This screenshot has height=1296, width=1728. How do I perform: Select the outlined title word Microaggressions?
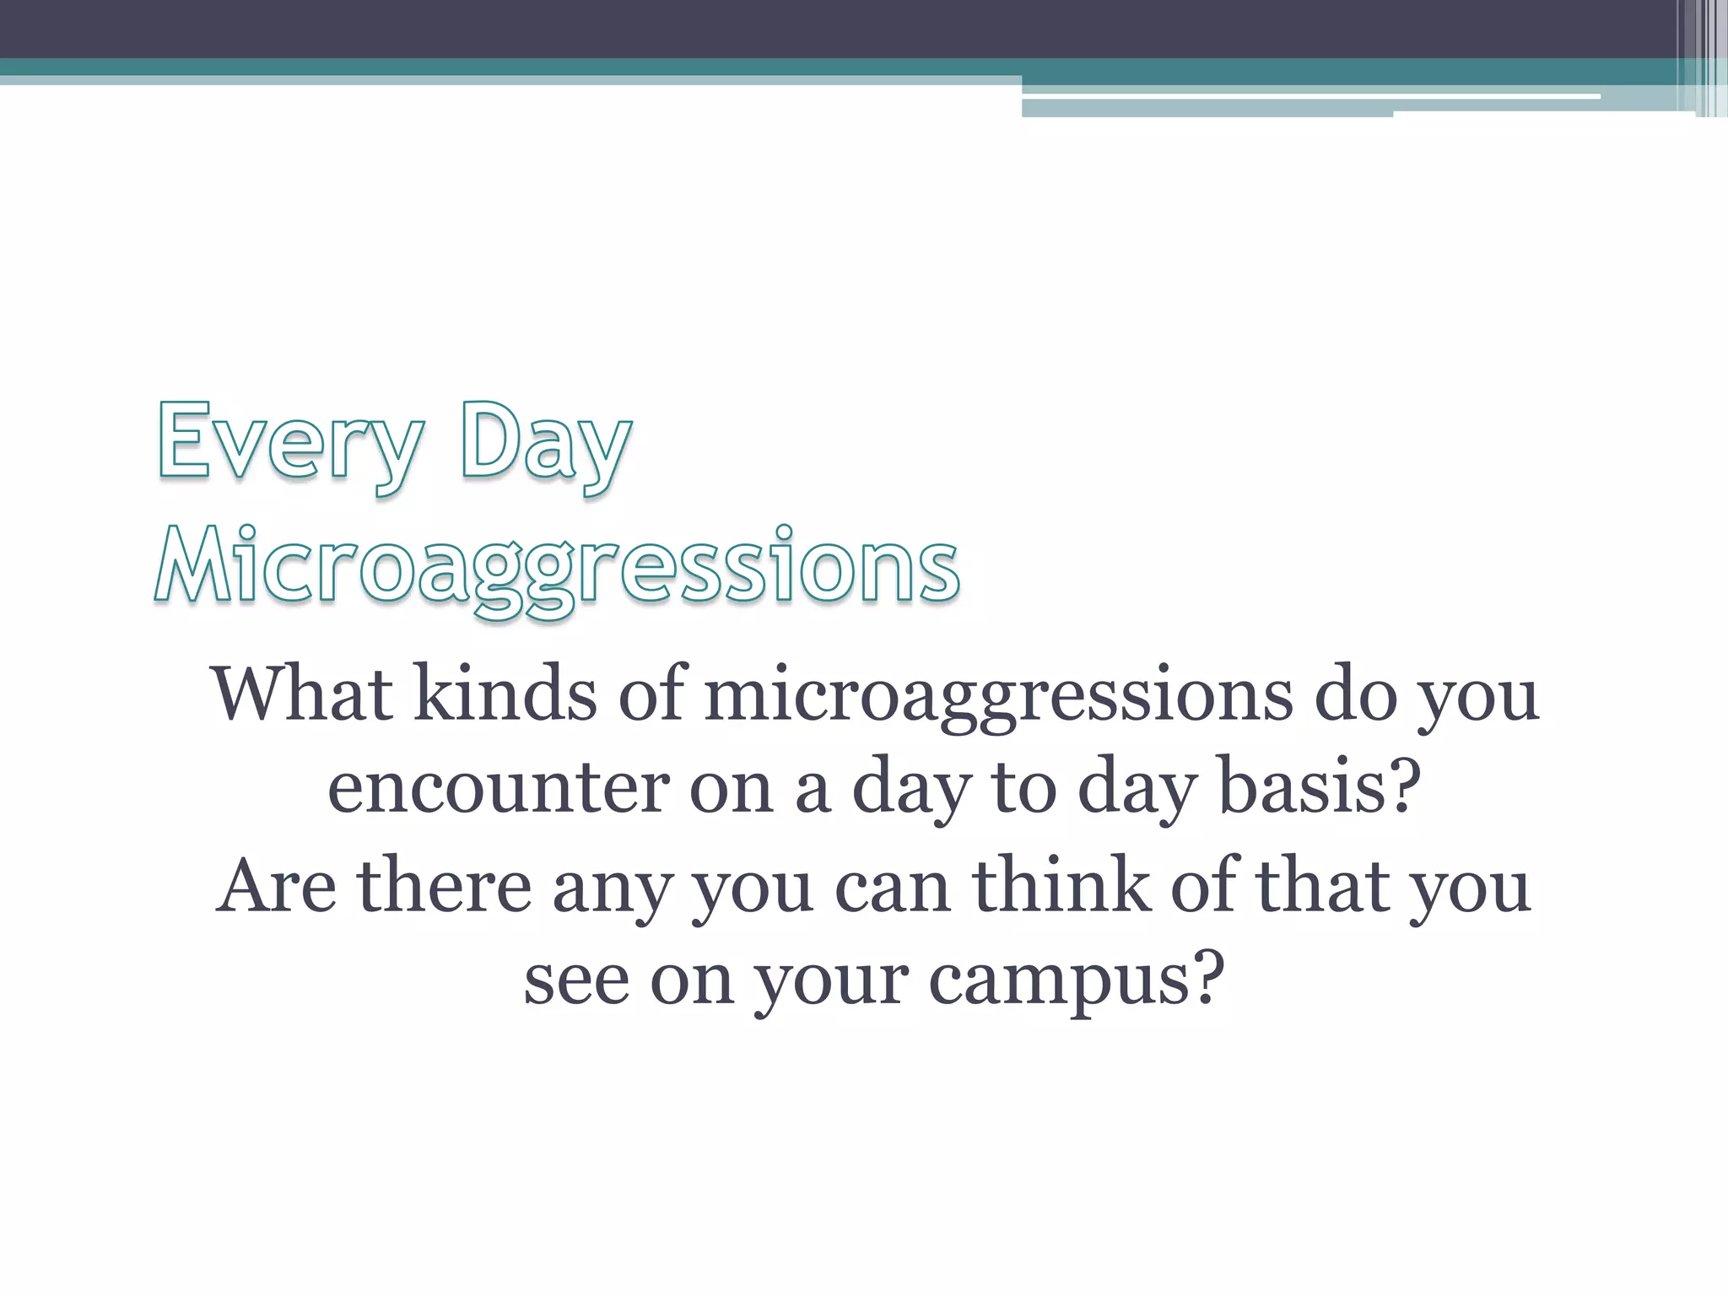click(x=557, y=565)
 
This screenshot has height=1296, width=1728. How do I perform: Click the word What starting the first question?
click(x=302, y=694)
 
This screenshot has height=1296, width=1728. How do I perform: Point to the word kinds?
click(x=505, y=694)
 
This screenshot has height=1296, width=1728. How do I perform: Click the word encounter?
click(x=498, y=788)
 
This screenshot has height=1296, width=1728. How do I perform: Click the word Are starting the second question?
click(x=277, y=886)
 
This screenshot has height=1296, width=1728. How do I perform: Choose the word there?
click(x=444, y=886)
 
